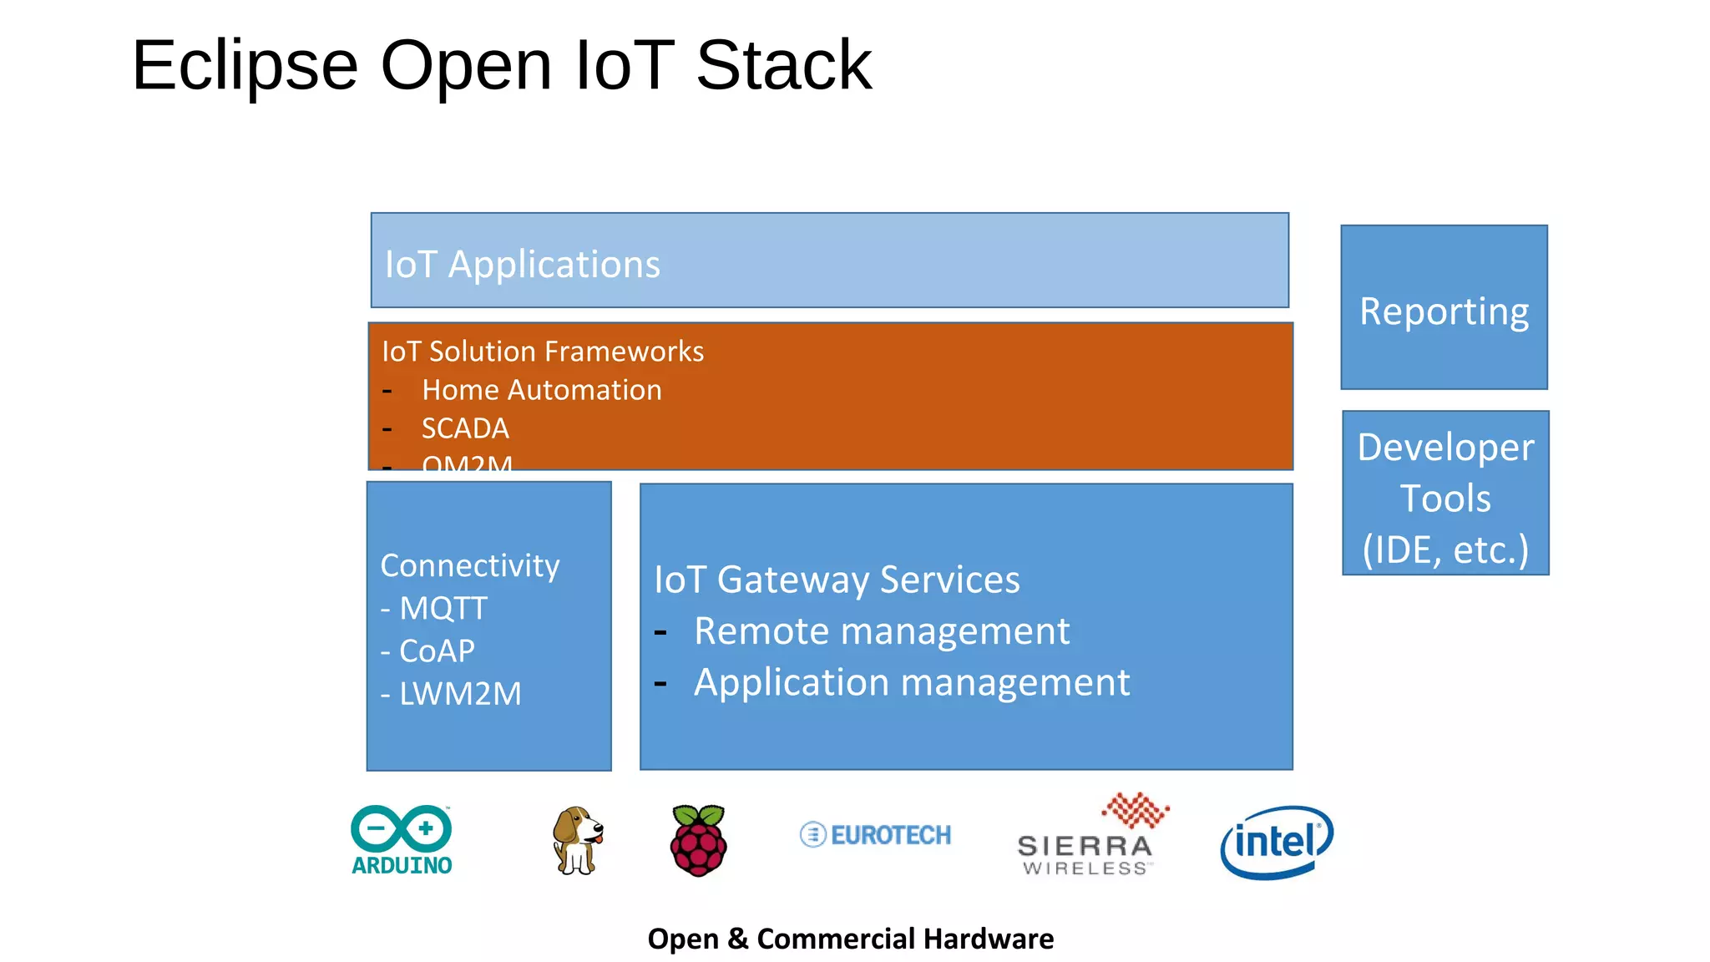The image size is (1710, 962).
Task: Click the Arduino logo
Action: coord(402,840)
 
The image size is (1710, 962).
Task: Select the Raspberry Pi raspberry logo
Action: coord(699,840)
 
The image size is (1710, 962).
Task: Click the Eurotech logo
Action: coord(875,834)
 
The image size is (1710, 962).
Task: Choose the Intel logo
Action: coord(1276,842)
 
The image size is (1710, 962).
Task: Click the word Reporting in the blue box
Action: coord(1444,311)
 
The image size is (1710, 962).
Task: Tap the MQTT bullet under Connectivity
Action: coord(443,608)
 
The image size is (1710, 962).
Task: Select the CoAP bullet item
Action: coord(436,651)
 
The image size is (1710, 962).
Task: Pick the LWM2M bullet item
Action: coord(459,693)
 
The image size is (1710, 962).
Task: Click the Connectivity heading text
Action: coord(469,565)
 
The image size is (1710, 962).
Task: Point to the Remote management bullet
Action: coord(881,630)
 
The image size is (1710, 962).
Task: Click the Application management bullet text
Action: coord(911,682)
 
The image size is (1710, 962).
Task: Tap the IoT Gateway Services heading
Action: coord(837,580)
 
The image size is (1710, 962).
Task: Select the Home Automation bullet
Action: coord(541,390)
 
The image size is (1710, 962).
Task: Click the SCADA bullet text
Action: coord(465,428)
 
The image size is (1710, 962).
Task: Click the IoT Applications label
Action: coord(523,265)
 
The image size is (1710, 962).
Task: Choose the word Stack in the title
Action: coord(783,65)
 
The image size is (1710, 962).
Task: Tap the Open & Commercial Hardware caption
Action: coord(850,939)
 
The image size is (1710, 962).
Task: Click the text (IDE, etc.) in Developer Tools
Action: coord(1445,549)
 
